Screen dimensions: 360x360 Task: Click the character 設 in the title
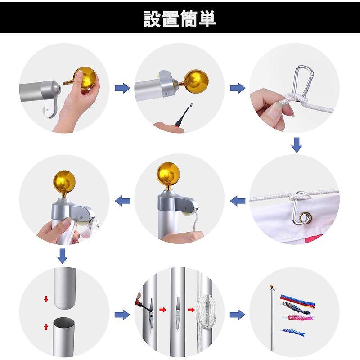click(x=153, y=19)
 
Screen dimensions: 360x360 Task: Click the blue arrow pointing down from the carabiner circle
click(x=297, y=145)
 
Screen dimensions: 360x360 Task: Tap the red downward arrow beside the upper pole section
click(x=46, y=299)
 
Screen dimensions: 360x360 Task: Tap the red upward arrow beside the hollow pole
click(x=46, y=327)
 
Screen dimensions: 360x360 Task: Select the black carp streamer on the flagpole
click(x=296, y=308)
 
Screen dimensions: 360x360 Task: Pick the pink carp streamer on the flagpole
click(x=298, y=318)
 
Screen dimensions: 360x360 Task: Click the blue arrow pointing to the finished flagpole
click(x=238, y=315)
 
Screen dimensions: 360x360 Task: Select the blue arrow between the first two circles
click(x=122, y=88)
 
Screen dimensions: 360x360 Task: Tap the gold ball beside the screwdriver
click(x=196, y=81)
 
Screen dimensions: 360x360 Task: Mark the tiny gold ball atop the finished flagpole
click(x=272, y=287)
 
